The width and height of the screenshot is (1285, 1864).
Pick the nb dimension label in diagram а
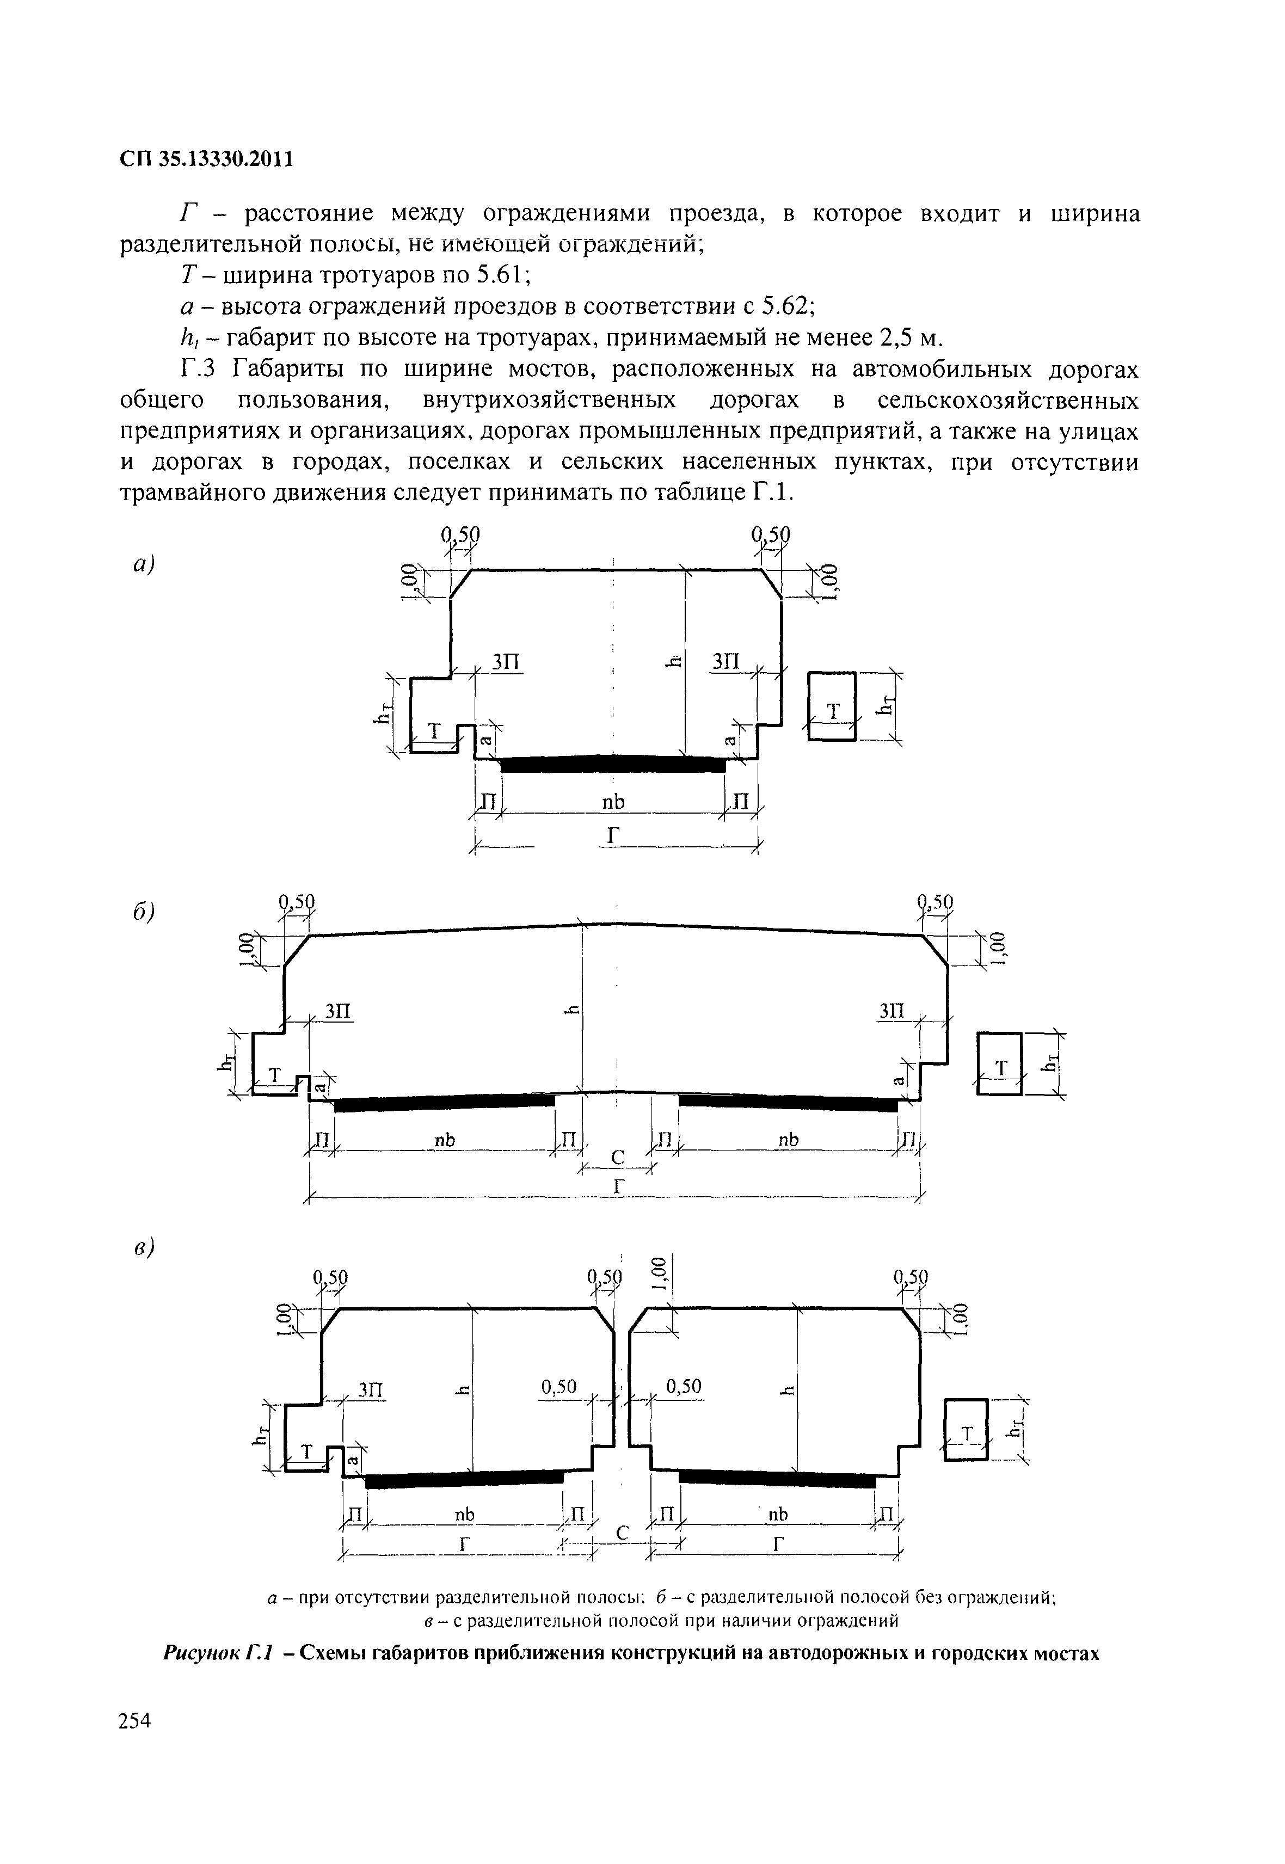[613, 802]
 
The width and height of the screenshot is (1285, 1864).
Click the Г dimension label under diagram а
[613, 838]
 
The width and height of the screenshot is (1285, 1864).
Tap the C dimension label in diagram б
[618, 1158]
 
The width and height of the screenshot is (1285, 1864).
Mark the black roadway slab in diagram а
[613, 764]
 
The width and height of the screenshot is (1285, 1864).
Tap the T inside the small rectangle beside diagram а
[833, 710]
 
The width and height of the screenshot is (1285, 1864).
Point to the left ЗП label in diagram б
[338, 1011]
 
